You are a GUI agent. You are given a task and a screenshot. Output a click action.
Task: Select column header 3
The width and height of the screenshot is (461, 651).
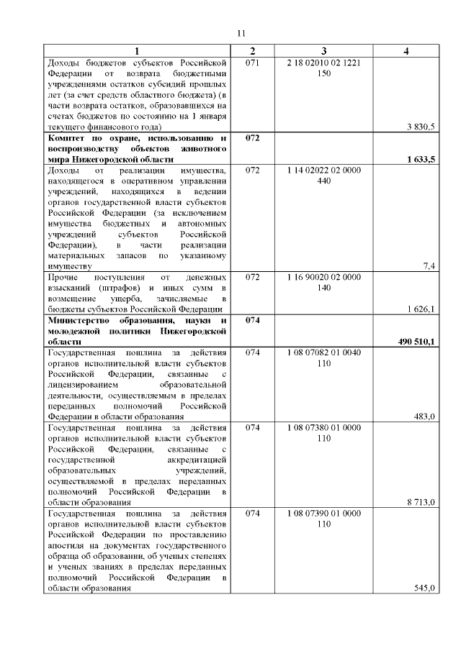point(324,52)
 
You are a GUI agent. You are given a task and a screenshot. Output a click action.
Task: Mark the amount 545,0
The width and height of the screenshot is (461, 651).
point(424,588)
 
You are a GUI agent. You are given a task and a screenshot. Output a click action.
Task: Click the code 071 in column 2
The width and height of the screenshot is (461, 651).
point(252,63)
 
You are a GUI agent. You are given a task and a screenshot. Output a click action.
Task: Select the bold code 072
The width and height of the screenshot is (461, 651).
point(252,137)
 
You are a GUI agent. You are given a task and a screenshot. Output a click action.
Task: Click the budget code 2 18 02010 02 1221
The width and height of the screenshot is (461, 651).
point(323,63)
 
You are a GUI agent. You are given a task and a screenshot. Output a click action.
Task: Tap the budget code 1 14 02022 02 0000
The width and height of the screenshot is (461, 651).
point(323,170)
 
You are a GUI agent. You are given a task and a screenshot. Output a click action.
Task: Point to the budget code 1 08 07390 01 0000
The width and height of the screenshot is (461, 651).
point(323,513)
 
